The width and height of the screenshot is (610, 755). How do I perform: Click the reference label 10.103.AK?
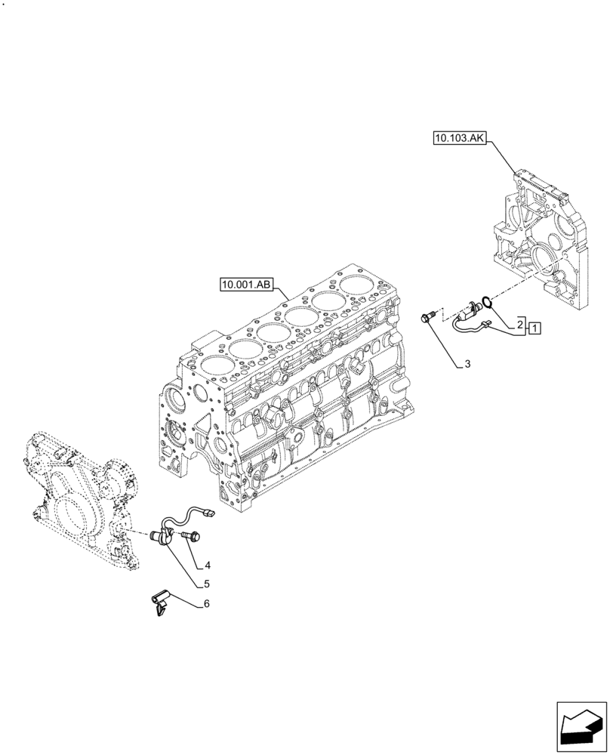[x=461, y=137]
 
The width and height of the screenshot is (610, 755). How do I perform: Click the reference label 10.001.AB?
[x=246, y=285]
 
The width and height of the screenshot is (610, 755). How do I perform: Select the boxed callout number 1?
[x=534, y=328]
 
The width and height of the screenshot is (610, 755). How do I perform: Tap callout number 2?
[x=520, y=323]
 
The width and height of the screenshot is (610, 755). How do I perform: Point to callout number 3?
[x=467, y=364]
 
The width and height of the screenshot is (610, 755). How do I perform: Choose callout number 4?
[x=207, y=565]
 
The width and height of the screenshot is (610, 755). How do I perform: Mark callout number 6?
[x=206, y=604]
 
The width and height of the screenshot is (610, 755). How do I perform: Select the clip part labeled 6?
[x=160, y=604]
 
